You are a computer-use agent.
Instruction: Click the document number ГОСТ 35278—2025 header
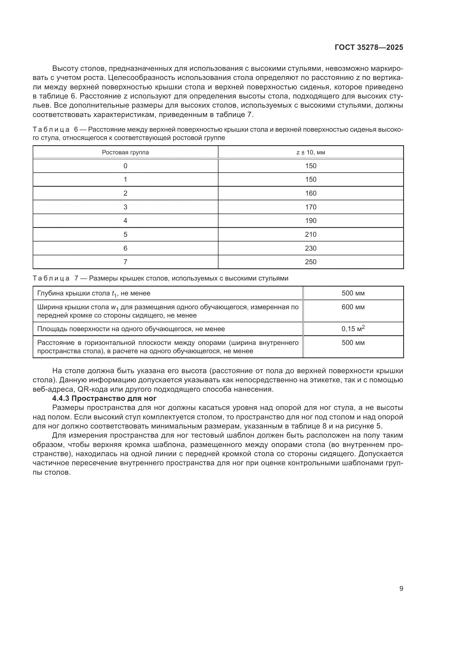[369, 47]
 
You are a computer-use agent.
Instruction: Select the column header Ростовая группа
[125, 152]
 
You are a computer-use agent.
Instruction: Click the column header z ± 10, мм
[310, 152]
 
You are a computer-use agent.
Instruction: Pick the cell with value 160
[310, 193]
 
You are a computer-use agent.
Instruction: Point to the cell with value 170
[310, 207]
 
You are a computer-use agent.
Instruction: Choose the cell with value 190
[310, 221]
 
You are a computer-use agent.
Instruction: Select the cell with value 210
[310, 235]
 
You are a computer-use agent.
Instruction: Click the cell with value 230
[310, 248]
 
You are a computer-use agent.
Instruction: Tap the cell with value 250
[310, 262]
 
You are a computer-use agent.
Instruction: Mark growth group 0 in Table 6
[125, 166]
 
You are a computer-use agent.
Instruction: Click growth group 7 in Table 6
[125, 262]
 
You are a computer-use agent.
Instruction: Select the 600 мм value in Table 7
[353, 307]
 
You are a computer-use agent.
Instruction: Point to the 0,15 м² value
[353, 329]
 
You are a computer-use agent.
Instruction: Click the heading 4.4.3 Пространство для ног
[104, 398]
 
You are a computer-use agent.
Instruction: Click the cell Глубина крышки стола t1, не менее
[94, 293]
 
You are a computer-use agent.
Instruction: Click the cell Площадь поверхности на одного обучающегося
[131, 329]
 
